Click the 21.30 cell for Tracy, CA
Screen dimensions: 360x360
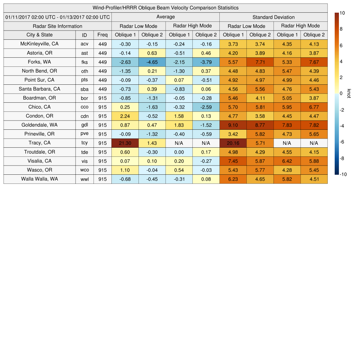click(125, 143)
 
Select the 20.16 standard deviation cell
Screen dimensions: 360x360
click(233, 143)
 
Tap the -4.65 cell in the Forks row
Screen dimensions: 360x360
click(152, 62)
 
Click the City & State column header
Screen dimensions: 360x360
click(39, 35)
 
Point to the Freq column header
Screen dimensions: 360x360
click(103, 35)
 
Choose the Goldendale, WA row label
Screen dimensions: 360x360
click(39, 125)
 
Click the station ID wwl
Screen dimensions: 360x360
click(84, 179)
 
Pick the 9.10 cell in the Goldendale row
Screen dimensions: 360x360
click(233, 125)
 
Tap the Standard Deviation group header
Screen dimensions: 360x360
click(274, 17)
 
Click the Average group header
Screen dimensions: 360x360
click(165, 17)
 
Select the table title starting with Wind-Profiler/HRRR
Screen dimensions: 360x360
click(165, 8)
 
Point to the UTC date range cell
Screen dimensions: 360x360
click(58, 17)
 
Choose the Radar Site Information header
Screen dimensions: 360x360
click(58, 26)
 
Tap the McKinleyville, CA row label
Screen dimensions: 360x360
click(39, 44)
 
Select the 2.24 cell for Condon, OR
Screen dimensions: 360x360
click(125, 116)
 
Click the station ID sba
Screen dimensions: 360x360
click(84, 89)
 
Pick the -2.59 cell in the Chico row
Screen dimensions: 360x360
click(206, 107)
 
